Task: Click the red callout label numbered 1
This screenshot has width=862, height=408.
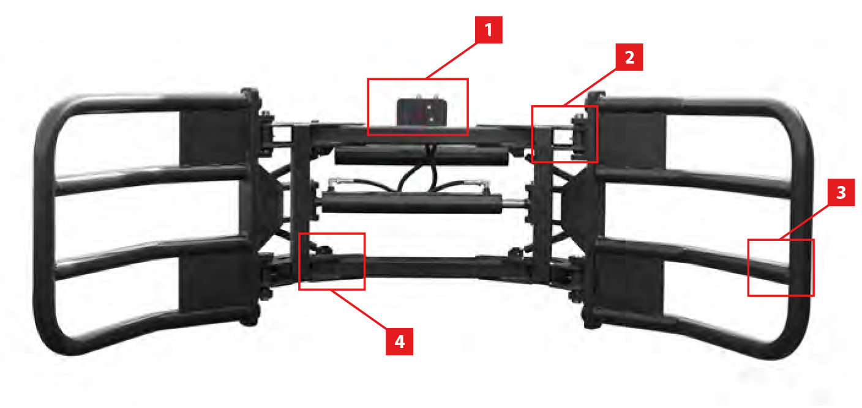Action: coord(489,29)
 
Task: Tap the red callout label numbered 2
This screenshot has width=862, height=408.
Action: coord(629,57)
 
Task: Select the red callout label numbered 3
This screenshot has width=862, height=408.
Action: coord(841,192)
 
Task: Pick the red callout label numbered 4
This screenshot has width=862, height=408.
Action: coord(399,341)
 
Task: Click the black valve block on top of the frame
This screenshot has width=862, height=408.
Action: coord(422,112)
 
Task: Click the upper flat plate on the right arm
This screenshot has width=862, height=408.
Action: coord(632,139)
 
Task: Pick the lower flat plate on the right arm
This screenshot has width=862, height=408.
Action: coord(629,284)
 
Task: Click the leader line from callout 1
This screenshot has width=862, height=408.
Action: coord(451,61)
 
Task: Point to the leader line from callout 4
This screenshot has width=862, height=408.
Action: coord(358,309)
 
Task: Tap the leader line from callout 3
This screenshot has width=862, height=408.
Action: coord(804,222)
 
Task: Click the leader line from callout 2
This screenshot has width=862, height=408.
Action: coord(590,87)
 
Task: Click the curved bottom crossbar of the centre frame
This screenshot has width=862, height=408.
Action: coord(421,267)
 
